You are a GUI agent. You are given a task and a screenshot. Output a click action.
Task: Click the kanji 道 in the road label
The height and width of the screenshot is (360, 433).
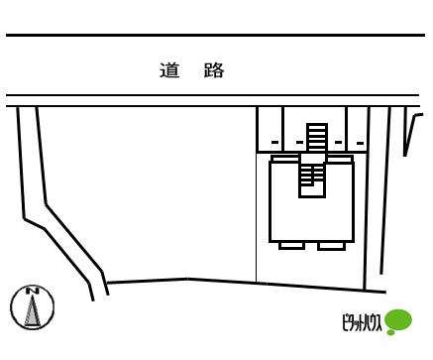coord(168,70)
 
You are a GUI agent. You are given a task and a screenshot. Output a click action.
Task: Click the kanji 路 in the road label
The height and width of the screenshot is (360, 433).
coord(214,70)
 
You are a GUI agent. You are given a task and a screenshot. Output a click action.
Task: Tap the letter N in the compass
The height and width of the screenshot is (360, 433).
coord(32,292)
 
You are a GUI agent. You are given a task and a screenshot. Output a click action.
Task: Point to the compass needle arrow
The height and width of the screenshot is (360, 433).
coord(32,311)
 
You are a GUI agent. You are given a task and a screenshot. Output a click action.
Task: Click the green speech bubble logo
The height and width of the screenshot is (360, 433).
coord(398,320)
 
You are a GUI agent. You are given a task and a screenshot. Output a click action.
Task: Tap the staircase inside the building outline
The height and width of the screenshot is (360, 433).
coord(310,178)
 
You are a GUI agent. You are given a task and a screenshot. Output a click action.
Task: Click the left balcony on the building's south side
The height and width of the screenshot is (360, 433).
coord(291,245)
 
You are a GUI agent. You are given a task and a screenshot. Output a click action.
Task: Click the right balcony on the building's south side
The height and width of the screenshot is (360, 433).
coord(332,245)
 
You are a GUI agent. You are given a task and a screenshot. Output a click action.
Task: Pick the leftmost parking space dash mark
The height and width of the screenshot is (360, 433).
coord(274,143)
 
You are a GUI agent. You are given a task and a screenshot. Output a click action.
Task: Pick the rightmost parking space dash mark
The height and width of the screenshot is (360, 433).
coord(360,143)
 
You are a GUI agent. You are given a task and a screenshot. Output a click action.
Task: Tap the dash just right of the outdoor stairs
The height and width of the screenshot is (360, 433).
coord(338,143)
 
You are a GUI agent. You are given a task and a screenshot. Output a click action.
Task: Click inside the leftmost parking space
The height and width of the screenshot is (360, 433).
coord(270,126)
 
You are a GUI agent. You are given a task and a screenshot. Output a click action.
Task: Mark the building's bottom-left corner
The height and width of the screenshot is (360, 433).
coord(271,240)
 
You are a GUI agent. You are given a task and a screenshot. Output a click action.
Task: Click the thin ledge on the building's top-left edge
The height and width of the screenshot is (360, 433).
coord(285,158)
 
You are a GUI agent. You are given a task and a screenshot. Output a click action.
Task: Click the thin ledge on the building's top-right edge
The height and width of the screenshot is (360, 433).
coord(340,158)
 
